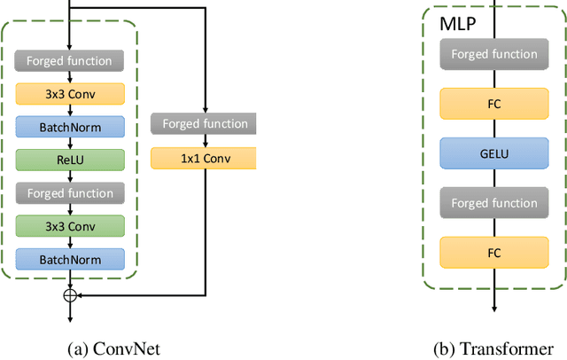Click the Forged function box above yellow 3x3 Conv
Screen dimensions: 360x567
click(69, 61)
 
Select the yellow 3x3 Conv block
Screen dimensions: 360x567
click(69, 94)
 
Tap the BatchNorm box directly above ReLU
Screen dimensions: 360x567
click(69, 127)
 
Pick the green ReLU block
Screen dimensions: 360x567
click(69, 160)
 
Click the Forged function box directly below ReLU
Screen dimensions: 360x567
click(69, 192)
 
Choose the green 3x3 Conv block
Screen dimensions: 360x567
click(69, 225)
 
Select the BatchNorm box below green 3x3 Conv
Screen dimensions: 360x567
click(69, 258)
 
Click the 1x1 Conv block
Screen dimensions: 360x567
click(204, 158)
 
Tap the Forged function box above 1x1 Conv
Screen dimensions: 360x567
click(204, 124)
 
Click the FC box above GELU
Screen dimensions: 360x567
click(494, 102)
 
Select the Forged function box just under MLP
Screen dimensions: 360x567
click(494, 54)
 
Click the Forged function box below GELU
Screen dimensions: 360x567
click(494, 202)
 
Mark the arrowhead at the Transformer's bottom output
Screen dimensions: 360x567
click(494, 310)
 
